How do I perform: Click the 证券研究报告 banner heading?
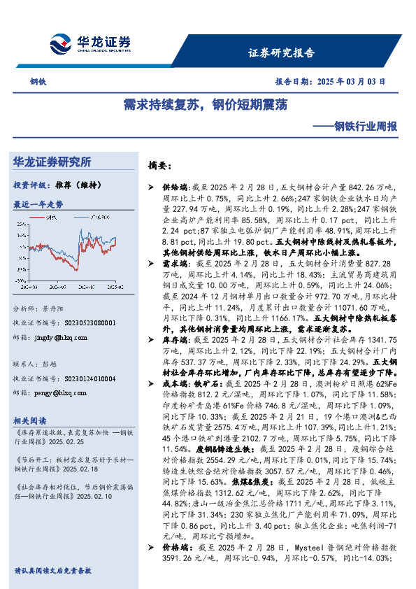click(281, 52)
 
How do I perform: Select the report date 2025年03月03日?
click(349, 80)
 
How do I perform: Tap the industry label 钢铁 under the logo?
click(38, 81)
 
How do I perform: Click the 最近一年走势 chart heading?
click(38, 204)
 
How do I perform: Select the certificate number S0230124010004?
click(83, 378)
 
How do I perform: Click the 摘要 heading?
click(159, 166)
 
